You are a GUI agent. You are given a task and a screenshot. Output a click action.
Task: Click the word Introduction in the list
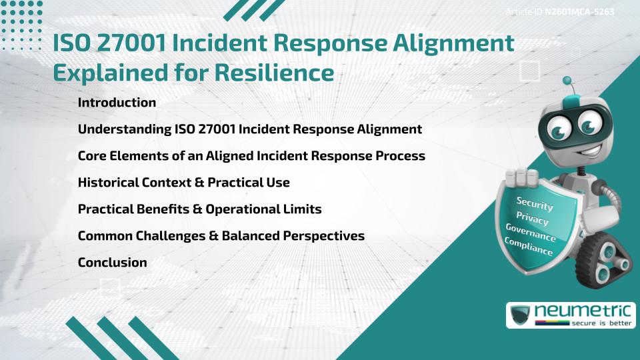pos(117,103)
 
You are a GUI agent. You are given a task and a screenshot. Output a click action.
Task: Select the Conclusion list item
pos(112,263)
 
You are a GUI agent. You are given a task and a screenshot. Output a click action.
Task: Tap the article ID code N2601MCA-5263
pos(579,12)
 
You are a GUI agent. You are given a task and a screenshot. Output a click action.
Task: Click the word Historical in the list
pos(108,183)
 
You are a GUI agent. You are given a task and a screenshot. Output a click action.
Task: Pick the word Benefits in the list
pos(160,209)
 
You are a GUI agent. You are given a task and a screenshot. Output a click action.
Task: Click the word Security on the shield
pos(535,203)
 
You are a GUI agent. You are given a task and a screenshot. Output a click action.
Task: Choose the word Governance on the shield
pos(531,233)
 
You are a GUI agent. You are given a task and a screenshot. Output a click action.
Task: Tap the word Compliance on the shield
pos(529,247)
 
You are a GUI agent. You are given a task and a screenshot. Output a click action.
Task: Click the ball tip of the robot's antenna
pos(568,81)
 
